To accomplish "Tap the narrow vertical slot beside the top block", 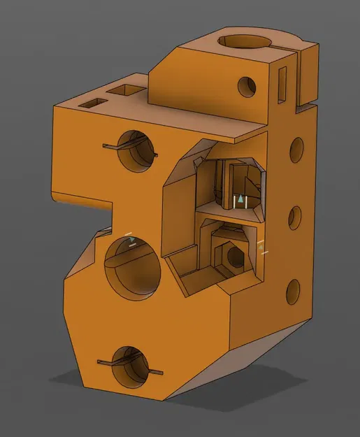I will [x=283, y=83].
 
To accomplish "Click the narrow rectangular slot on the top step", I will [x=92, y=103].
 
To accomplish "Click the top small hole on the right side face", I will [x=297, y=148].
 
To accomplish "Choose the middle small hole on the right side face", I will [x=295, y=217].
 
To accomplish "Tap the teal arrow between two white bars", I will [x=240, y=200].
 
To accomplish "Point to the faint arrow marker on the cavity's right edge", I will [x=262, y=247].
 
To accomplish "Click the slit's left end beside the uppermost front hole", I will [x=106, y=146].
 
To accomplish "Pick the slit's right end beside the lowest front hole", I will [x=162, y=370].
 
